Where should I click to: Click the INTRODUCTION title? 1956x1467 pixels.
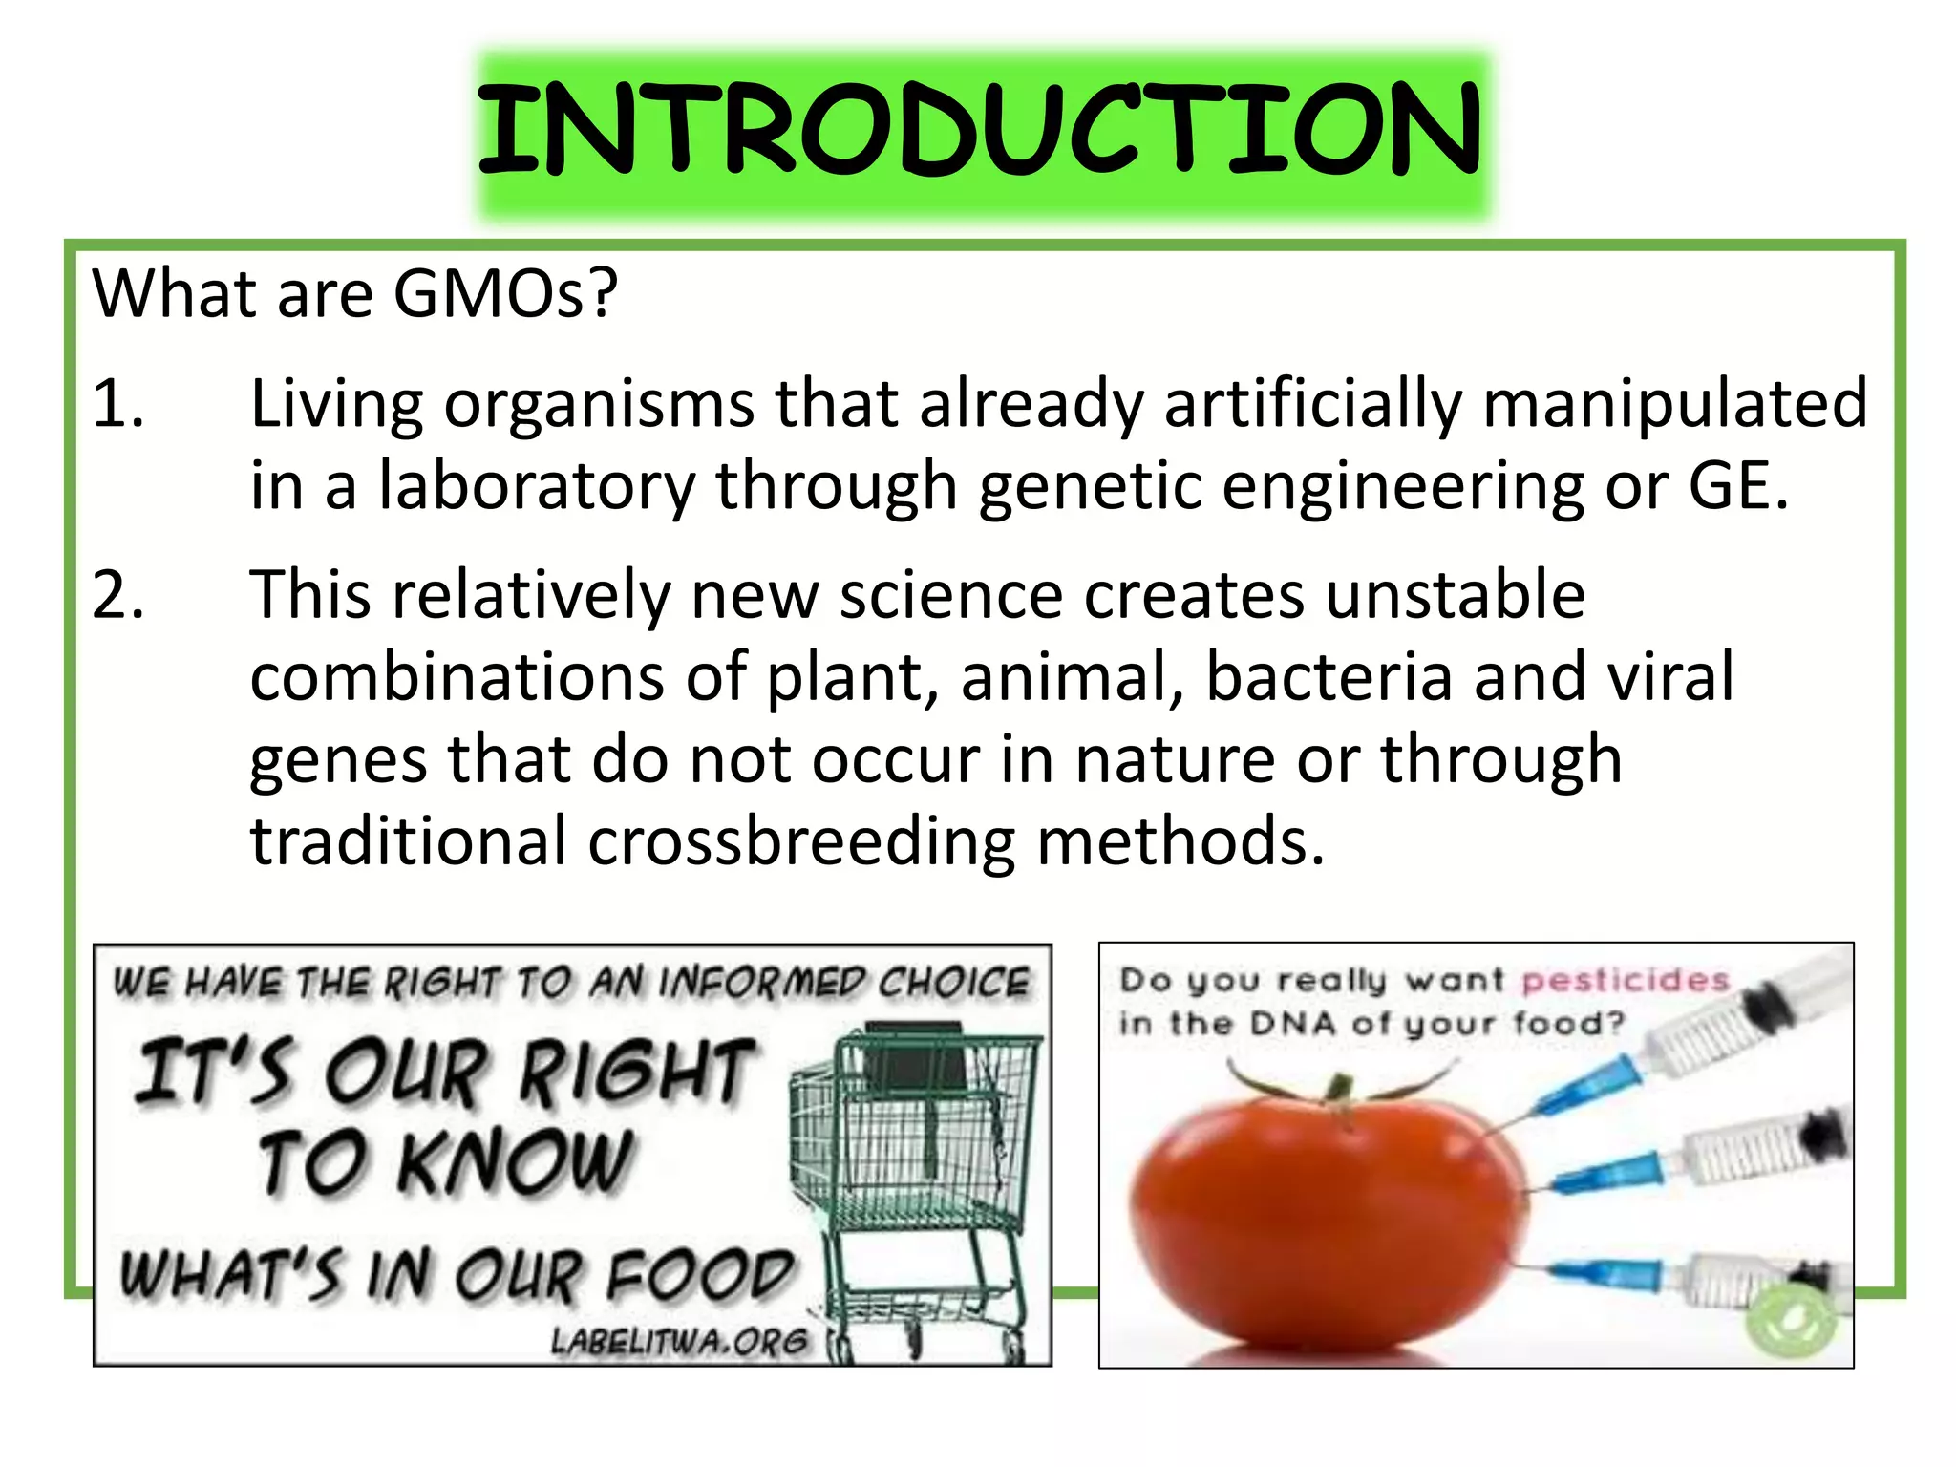(980, 132)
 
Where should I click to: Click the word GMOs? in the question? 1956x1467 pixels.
(505, 293)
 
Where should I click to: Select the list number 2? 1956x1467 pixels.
(118, 596)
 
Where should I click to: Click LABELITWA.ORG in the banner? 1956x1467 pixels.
(679, 1342)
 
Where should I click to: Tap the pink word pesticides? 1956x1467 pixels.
(1625, 981)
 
